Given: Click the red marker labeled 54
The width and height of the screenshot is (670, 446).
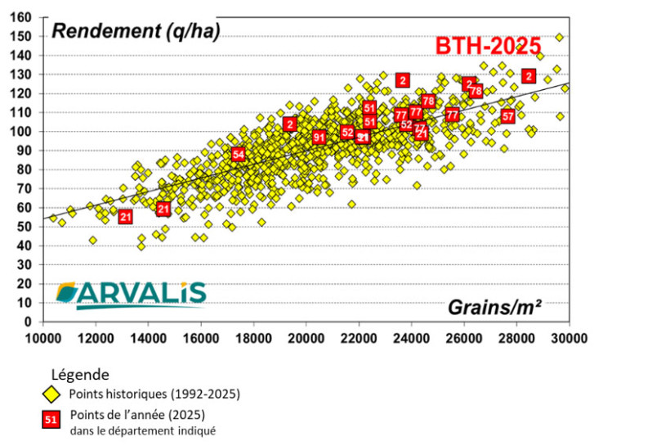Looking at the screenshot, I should click(x=238, y=154).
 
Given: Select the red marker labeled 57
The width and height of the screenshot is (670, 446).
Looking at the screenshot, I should click(x=508, y=116).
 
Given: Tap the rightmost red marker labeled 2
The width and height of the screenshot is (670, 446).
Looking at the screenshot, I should click(x=529, y=76).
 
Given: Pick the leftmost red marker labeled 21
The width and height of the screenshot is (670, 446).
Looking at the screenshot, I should click(x=125, y=217).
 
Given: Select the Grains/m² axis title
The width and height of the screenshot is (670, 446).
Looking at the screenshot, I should click(x=494, y=307).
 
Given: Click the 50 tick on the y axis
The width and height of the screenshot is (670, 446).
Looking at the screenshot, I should click(x=25, y=227).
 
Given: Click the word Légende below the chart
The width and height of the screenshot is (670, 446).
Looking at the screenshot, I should click(x=80, y=375).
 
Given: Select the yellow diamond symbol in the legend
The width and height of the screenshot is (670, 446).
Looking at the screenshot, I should click(x=51, y=394).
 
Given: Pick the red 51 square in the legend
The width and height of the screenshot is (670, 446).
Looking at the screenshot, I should click(x=51, y=421).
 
